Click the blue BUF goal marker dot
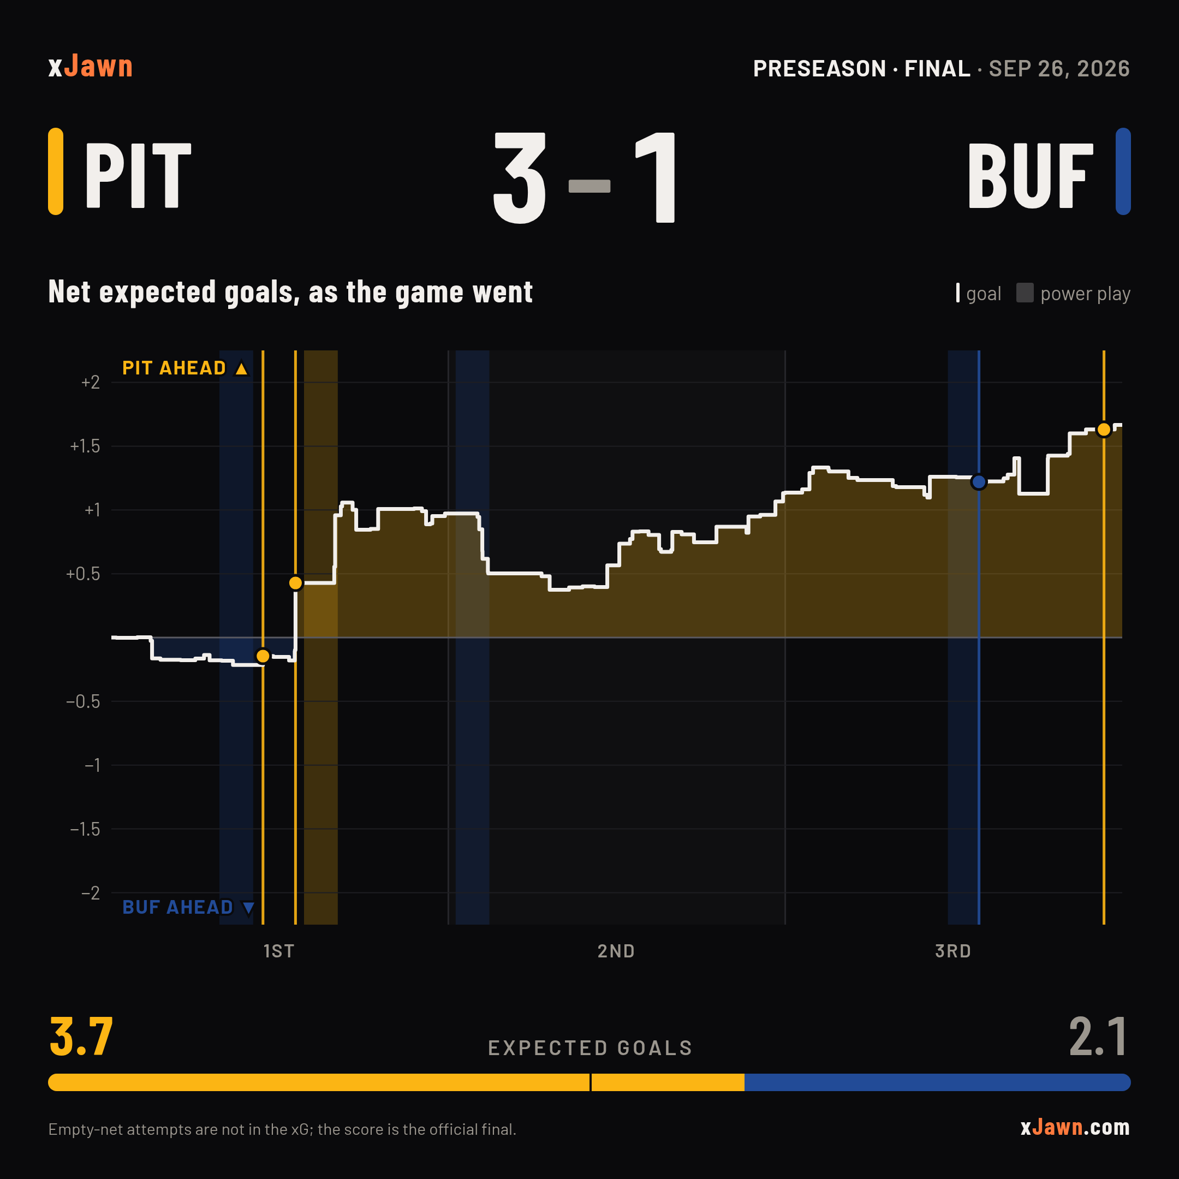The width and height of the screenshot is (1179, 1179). click(x=979, y=482)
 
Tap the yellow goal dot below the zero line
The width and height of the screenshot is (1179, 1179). click(x=263, y=656)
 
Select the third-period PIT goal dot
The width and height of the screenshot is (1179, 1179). click(x=1104, y=430)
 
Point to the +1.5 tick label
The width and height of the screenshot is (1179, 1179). click(x=85, y=446)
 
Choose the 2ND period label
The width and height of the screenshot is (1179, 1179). click(x=616, y=951)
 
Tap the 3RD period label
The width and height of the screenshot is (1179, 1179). click(x=953, y=951)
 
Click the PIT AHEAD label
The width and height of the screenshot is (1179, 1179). click(x=185, y=368)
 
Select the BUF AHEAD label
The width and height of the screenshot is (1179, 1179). click(x=188, y=907)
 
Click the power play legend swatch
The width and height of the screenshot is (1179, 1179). click(x=1025, y=293)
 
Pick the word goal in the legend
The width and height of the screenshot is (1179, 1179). click(x=984, y=294)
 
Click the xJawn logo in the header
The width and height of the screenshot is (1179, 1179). click(x=90, y=66)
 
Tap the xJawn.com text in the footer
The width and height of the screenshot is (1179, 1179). click(x=1075, y=1127)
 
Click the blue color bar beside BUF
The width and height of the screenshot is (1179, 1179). click(x=1123, y=171)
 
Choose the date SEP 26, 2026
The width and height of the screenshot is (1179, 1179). click(x=1059, y=68)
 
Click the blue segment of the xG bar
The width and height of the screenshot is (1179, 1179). click(x=937, y=1082)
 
